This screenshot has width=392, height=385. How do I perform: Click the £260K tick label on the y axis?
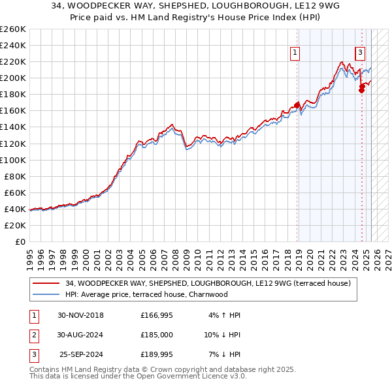click(x=12, y=29)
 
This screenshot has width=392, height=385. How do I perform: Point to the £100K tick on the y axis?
click(x=12, y=160)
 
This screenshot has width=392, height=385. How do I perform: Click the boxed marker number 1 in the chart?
click(x=295, y=54)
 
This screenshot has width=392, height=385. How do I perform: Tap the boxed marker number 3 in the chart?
click(x=360, y=54)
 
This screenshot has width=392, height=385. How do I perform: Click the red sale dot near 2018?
click(x=297, y=104)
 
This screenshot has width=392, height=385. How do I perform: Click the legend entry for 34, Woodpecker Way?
click(x=208, y=283)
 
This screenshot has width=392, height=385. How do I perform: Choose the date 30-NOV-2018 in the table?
click(x=81, y=315)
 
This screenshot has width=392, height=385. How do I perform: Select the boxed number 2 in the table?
click(x=33, y=334)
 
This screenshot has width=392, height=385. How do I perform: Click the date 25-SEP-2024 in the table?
click(x=81, y=354)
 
